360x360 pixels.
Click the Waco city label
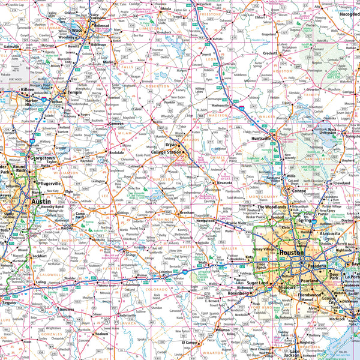click(77, 29)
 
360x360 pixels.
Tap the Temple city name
click(74, 93)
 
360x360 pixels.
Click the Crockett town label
click(269, 53)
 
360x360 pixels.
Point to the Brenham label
click(187, 212)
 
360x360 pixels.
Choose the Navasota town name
click(224, 182)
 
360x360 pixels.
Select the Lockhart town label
click(39, 256)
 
